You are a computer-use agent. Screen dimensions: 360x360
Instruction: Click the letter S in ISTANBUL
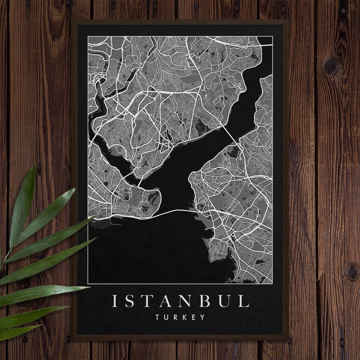[x=132, y=301]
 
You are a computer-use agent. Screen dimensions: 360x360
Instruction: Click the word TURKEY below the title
[x=180, y=316]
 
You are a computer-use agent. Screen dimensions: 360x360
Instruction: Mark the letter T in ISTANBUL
[x=151, y=301]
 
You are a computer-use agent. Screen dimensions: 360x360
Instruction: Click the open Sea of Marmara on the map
[x=156, y=246]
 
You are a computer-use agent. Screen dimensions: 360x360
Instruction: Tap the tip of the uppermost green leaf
[x=35, y=165]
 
